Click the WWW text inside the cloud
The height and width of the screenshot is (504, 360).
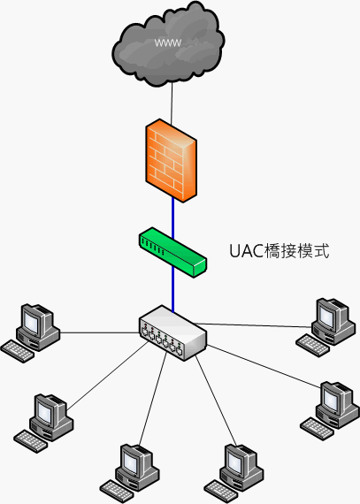click(x=168, y=42)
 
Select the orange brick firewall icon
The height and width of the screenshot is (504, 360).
click(x=171, y=161)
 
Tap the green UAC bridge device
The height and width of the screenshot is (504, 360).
click(x=172, y=252)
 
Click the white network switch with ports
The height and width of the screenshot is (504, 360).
click(x=172, y=333)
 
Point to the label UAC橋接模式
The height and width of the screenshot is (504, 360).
click(x=280, y=251)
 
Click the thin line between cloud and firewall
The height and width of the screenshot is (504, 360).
click(x=172, y=103)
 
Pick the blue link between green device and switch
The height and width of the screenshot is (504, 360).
click(x=173, y=290)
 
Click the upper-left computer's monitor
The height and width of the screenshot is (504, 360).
click(x=34, y=319)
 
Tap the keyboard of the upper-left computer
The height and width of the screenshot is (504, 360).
click(x=18, y=352)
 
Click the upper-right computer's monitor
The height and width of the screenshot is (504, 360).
click(x=331, y=314)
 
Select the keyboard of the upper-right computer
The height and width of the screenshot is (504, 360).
click(x=312, y=346)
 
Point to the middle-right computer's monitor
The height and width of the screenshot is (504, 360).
click(x=335, y=398)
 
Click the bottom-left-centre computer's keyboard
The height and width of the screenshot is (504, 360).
click(x=117, y=492)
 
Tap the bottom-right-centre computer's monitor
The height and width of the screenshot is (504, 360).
click(x=239, y=461)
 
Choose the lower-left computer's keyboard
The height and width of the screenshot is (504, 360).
click(x=31, y=441)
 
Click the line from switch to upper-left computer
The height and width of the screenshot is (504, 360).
click(x=100, y=332)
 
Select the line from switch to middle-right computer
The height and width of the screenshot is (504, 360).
click(x=264, y=366)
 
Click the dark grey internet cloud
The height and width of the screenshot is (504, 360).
click(x=168, y=44)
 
